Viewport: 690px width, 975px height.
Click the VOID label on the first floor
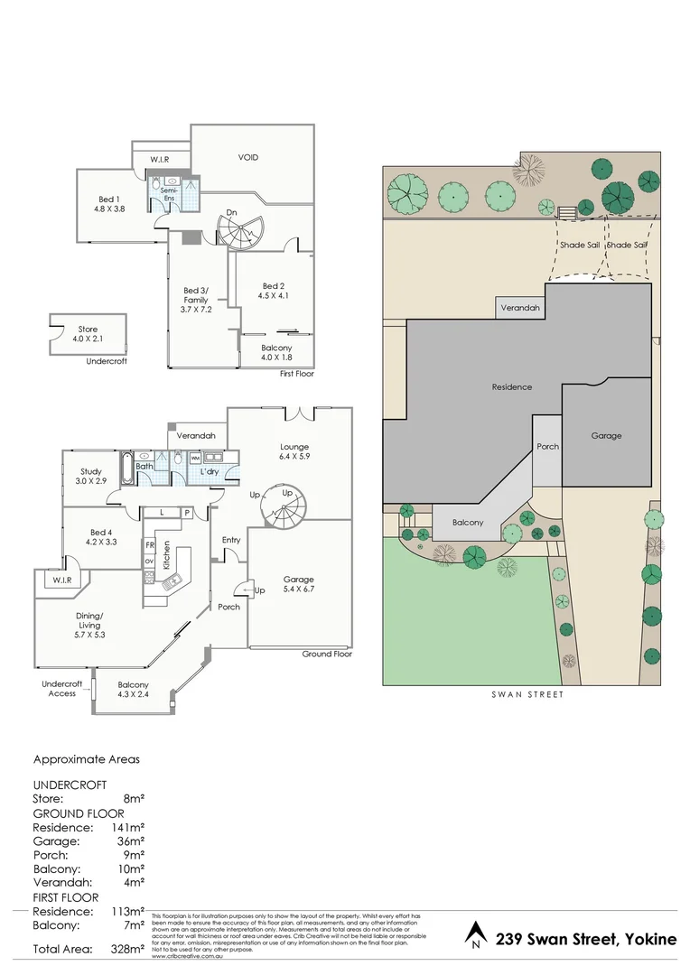pos(248,157)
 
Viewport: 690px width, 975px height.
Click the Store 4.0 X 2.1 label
pos(88,334)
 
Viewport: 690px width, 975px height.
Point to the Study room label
pos(91,477)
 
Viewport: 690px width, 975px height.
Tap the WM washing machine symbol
pos(195,459)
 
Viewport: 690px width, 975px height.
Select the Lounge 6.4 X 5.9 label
pos(294,451)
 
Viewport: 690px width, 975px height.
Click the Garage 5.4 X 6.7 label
pos(298,584)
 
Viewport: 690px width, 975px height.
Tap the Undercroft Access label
pos(62,689)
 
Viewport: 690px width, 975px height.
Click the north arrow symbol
pos(476,934)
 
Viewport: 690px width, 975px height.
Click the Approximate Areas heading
pos(87,760)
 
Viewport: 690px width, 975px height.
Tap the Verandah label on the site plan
pos(521,309)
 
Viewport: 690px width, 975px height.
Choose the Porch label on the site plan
pos(547,446)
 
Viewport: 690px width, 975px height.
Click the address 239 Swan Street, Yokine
pos(586,939)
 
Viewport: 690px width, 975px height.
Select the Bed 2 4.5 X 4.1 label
pos(275,290)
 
